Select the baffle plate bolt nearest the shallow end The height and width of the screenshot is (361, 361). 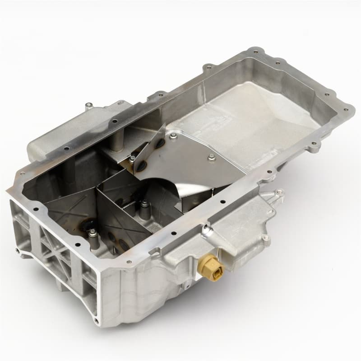click(211, 157)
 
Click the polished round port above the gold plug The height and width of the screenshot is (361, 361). click(206, 233)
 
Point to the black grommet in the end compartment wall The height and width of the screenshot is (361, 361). click(86, 225)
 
